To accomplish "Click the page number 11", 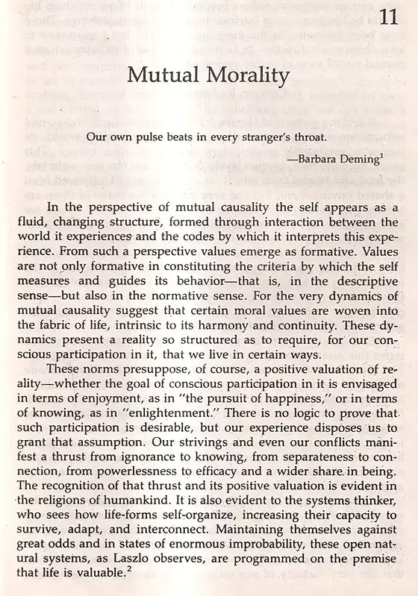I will point(390,16).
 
